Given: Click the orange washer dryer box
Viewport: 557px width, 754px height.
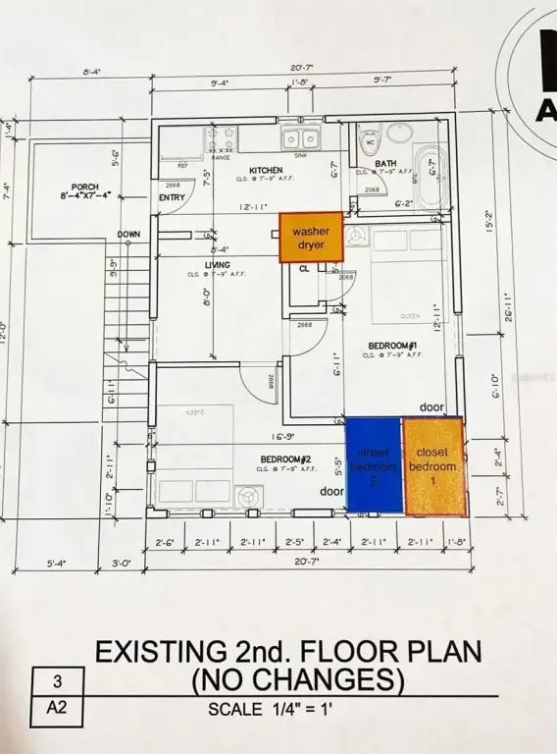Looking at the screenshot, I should click(x=311, y=238).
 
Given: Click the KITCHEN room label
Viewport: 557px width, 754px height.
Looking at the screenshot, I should click(x=237, y=170).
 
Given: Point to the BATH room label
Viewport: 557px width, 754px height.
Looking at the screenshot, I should click(x=386, y=163).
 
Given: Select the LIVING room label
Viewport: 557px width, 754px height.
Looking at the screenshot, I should click(x=217, y=265).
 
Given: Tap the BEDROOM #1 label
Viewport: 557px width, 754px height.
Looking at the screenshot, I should click(x=393, y=346).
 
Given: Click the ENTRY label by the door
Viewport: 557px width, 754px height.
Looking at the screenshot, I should click(x=172, y=197).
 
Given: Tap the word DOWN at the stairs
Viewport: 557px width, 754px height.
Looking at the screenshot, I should click(x=128, y=235).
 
